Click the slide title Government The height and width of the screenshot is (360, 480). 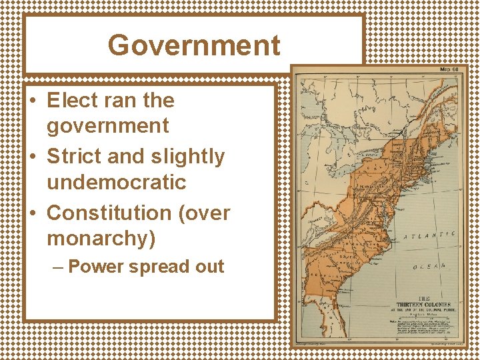[194, 45]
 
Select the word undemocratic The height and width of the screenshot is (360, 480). [117, 181]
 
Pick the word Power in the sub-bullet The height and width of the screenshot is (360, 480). [95, 267]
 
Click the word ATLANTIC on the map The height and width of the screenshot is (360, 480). [430, 235]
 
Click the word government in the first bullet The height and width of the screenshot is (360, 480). [107, 125]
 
